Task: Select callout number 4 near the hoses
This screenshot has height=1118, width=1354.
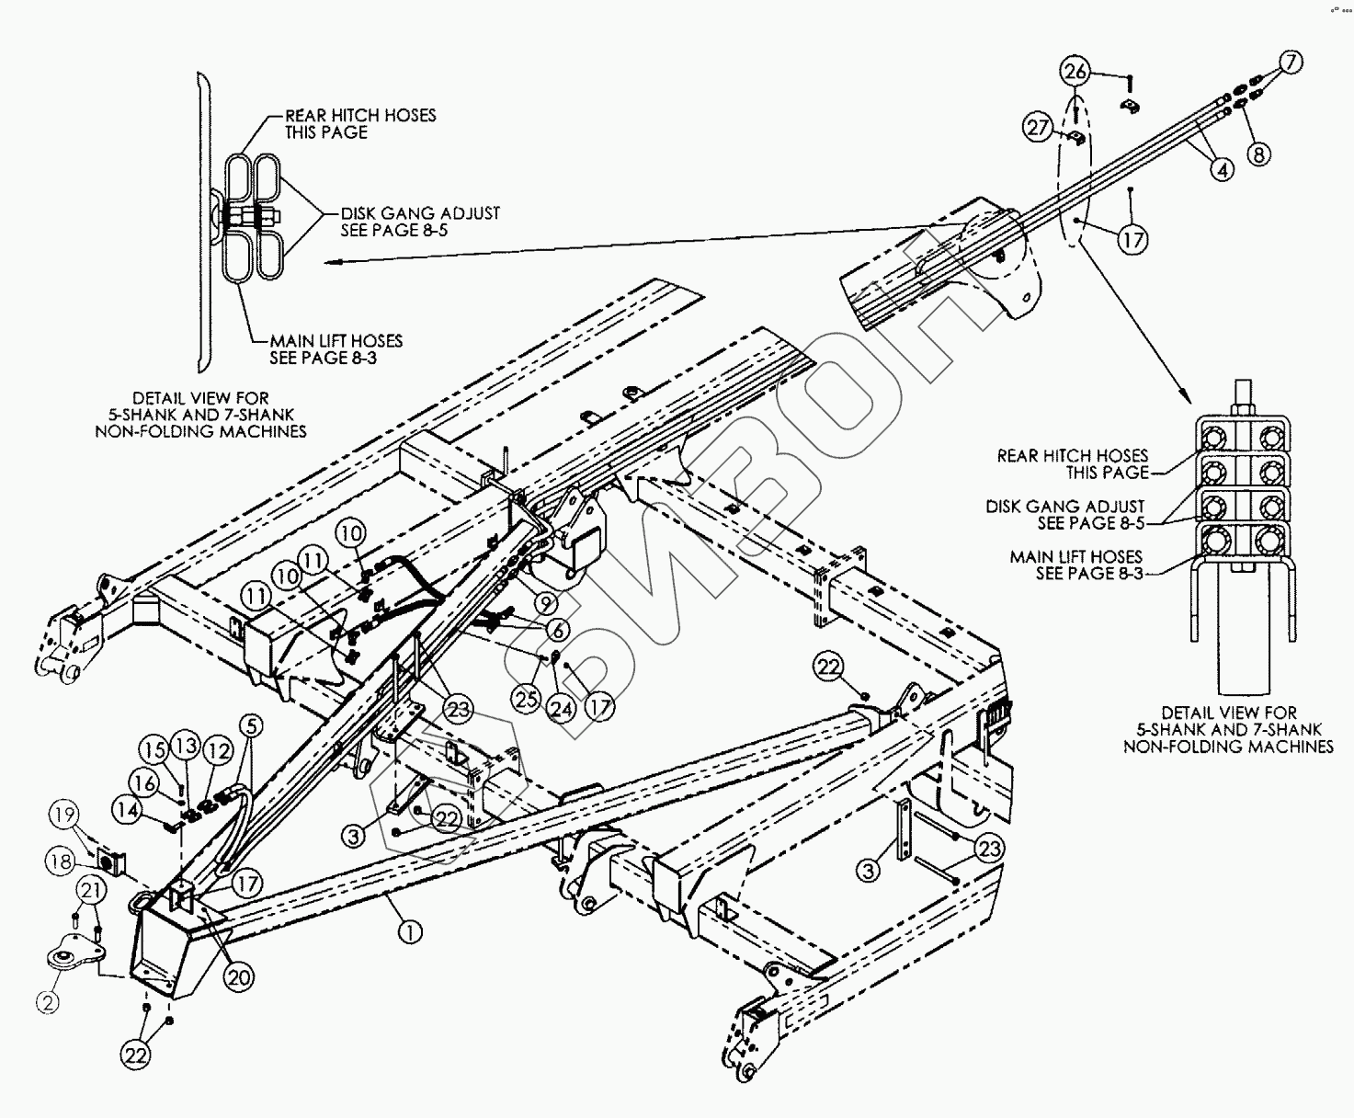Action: tap(1221, 170)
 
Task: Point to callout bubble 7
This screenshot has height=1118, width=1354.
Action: tap(1291, 63)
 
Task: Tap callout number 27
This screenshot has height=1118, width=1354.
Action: tap(1040, 128)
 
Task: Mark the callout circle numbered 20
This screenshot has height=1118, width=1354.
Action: tap(239, 977)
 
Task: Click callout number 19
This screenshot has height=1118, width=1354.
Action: tap(64, 816)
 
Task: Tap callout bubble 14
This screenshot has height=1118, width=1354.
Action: tap(127, 809)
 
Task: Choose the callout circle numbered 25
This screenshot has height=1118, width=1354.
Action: tap(526, 699)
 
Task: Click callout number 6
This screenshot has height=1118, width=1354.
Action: tap(557, 631)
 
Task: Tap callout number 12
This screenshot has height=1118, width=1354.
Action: tap(218, 751)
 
